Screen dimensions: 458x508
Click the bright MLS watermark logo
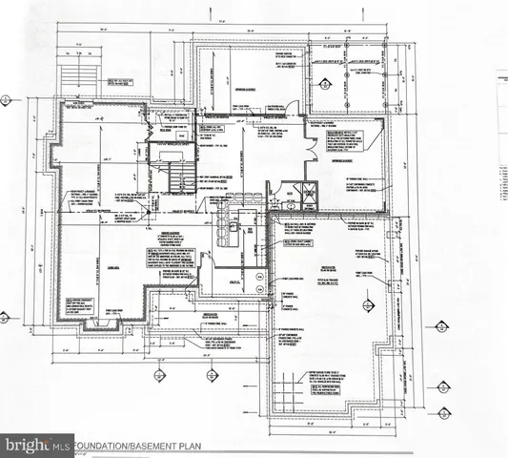[x=38, y=445]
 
